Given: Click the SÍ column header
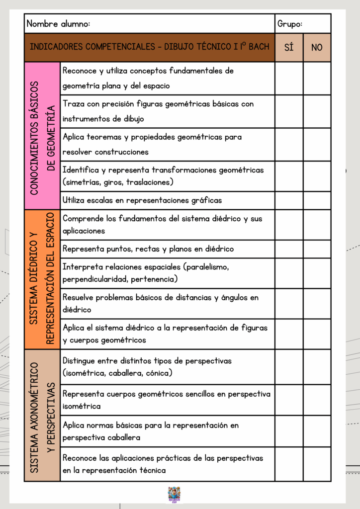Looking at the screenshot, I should pos(289,47).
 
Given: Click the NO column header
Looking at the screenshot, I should pos(317,47).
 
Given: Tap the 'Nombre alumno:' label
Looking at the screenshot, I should pos(58,23).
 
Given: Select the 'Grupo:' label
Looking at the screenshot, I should pos(290,23).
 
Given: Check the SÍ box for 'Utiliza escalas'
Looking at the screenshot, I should pos(289,200).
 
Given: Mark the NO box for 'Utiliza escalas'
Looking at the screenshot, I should pos(317,200).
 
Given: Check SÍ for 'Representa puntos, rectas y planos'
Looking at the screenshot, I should pos(289,249).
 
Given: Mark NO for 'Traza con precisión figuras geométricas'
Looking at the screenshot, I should pos(317,111).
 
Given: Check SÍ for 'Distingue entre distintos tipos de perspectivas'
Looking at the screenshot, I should pos(289,367).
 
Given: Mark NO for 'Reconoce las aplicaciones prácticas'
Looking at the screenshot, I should pos(317,464).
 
